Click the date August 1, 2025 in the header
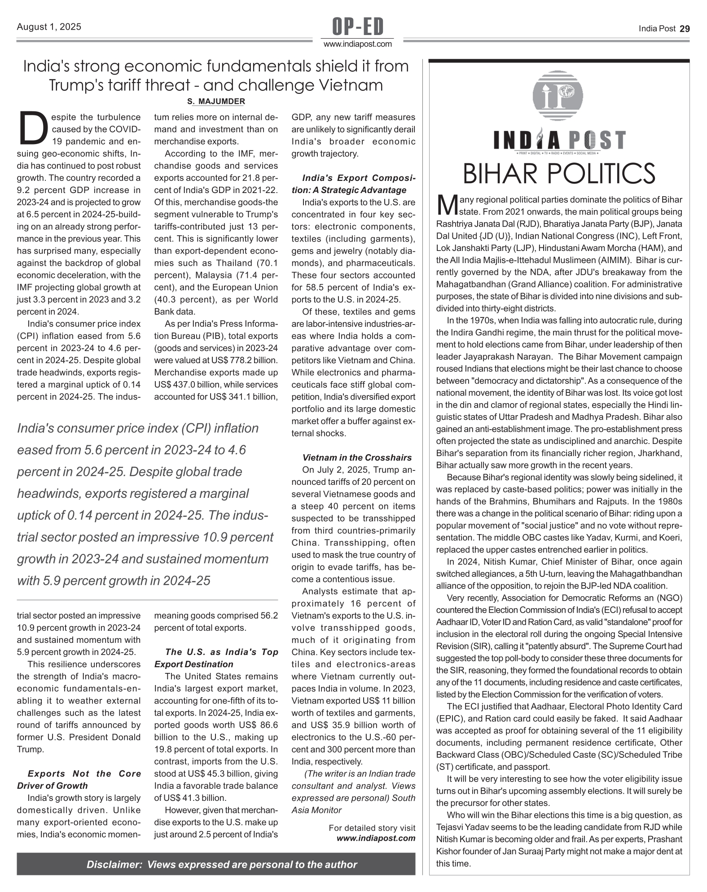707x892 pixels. [49, 27]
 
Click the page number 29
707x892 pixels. [685, 29]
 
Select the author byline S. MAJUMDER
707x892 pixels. [216, 101]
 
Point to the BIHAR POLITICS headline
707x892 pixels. [559, 174]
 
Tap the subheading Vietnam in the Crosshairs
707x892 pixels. [357, 457]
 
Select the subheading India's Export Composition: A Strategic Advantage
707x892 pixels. [353, 184]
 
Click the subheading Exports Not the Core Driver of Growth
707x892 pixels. [79, 779]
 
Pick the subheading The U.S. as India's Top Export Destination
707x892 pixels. [216, 658]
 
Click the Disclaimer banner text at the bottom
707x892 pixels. [222, 864]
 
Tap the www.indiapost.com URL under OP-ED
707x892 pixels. [358, 44]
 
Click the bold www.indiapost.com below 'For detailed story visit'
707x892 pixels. [376, 838]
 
